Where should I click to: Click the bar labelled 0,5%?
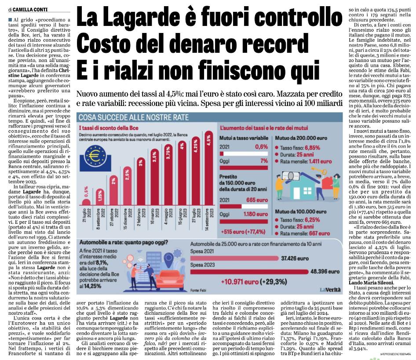click(x=86, y=202)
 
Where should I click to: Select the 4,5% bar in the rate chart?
click(x=209, y=168)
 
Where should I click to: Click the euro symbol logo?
click(x=95, y=156)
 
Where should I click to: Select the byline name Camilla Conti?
click(x=30, y=10)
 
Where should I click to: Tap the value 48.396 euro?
click(x=325, y=271)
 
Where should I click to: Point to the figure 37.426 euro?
click(x=295, y=258)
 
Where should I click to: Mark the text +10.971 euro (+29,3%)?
click(x=254, y=281)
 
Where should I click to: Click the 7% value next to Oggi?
click(x=264, y=161)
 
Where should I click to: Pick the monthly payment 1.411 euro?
click(x=320, y=161)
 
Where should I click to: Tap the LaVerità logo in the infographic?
click(x=330, y=289)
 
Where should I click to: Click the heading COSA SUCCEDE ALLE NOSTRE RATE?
click(x=133, y=117)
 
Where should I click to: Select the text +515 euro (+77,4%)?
click(x=243, y=232)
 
